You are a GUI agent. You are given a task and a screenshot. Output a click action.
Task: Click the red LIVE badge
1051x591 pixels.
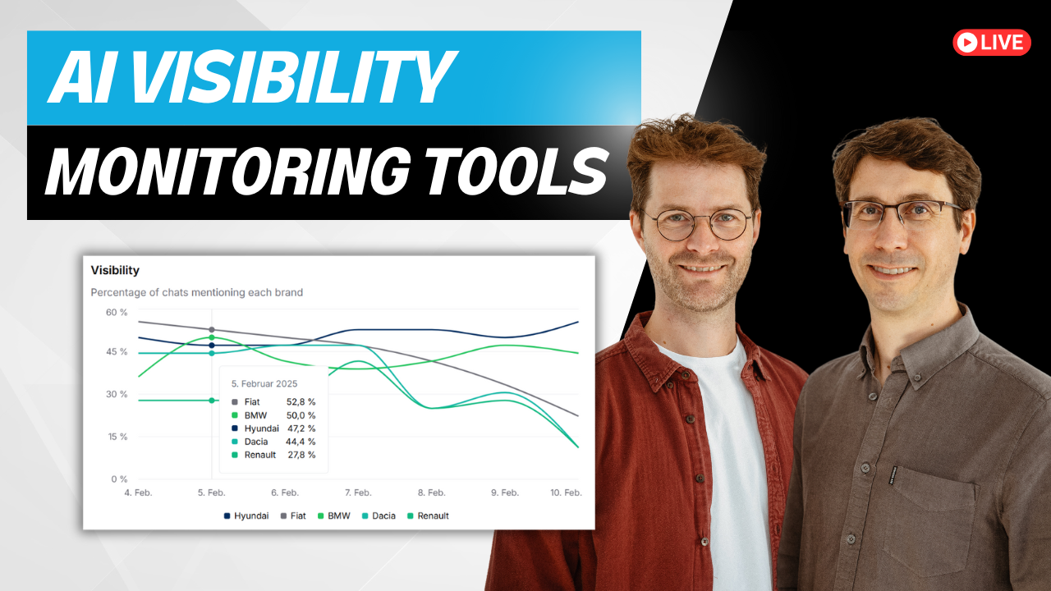pos(991,43)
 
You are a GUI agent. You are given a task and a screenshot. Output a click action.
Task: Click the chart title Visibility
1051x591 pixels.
pos(115,270)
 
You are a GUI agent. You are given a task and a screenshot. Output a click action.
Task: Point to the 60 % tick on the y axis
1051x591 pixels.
pos(117,313)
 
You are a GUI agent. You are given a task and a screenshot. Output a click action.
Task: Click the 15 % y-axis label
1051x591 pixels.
pos(117,437)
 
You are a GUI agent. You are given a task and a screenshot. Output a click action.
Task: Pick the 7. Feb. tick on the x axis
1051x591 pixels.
pos(359,492)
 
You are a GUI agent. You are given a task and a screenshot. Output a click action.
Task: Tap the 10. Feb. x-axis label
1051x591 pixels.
pos(566,492)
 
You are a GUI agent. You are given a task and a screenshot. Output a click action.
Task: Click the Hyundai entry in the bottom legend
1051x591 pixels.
pos(246,516)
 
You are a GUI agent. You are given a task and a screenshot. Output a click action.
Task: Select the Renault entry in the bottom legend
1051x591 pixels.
pos(428,516)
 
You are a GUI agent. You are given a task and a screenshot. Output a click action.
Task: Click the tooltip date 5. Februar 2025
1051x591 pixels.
pos(264,383)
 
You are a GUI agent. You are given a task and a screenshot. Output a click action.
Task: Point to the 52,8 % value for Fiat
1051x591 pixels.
pos(301,402)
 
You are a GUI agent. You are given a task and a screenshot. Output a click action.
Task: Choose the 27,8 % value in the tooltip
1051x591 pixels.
pos(301,455)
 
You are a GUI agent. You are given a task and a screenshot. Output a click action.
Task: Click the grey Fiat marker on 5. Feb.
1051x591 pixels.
pos(212,330)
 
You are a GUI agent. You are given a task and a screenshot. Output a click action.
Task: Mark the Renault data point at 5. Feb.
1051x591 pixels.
pos(212,401)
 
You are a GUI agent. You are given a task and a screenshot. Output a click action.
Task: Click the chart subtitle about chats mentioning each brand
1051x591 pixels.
pos(196,293)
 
